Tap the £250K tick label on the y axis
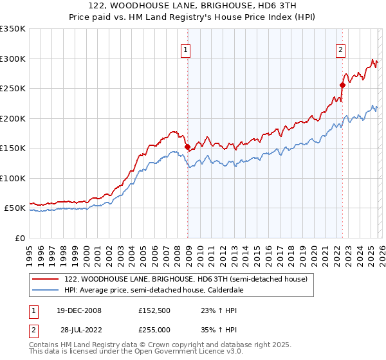click(12, 88)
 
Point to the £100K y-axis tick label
click(12, 178)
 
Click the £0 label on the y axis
click(20, 238)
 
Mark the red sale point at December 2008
click(187, 147)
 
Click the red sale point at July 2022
click(342, 85)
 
